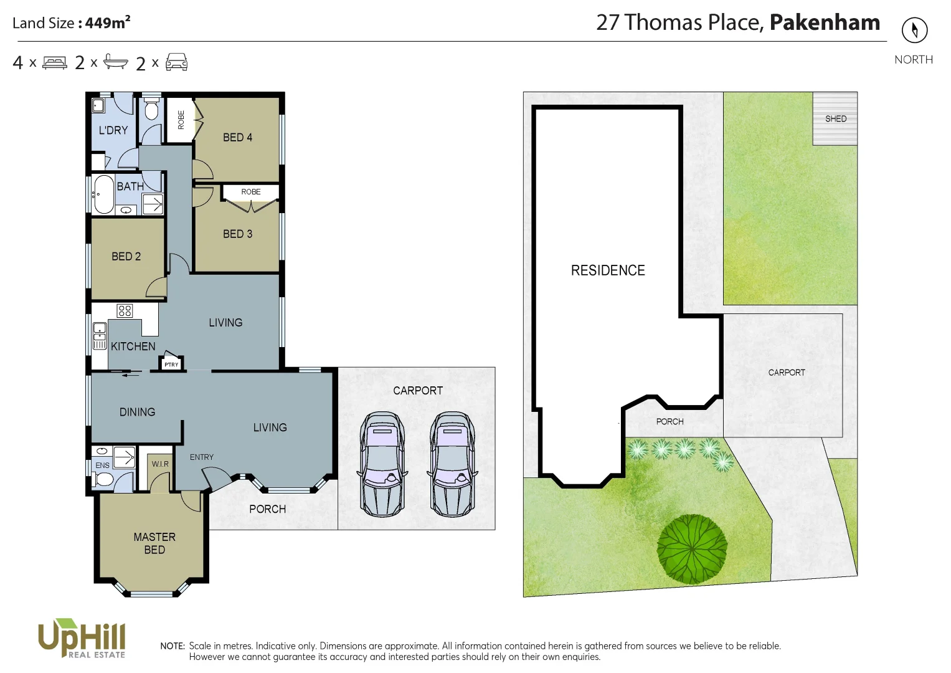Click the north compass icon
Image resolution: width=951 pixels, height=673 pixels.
click(x=914, y=30)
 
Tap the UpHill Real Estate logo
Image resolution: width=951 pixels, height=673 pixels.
click(x=82, y=638)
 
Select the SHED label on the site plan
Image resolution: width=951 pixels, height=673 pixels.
click(x=835, y=118)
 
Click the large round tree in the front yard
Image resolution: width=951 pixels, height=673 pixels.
click(x=692, y=549)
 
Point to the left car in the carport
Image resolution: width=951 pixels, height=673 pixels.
click(x=382, y=464)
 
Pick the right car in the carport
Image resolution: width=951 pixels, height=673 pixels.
click(x=452, y=464)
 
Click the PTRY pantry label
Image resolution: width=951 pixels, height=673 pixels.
click(x=171, y=365)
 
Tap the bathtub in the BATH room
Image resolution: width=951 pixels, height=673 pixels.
click(x=103, y=194)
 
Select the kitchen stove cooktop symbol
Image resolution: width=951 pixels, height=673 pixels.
click(x=125, y=310)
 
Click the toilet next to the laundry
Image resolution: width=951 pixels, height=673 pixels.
click(x=151, y=110)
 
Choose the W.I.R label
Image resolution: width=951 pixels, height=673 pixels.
click(x=160, y=464)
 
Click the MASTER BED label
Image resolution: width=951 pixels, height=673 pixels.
click(x=154, y=543)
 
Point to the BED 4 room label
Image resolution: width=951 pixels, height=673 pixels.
click(x=237, y=137)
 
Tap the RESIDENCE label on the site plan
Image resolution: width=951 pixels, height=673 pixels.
click(x=608, y=270)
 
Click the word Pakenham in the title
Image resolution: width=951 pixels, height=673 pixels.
click(x=825, y=22)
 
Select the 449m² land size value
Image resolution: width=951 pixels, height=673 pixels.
click(x=108, y=22)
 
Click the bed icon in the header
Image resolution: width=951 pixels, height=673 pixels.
click(x=55, y=63)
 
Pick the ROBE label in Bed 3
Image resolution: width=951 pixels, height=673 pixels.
click(x=251, y=192)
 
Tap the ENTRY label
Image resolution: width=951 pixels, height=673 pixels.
click(x=201, y=457)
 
